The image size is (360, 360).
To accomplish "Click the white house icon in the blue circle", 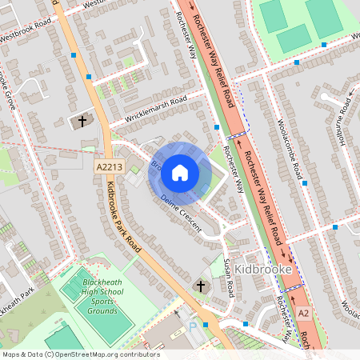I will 180,172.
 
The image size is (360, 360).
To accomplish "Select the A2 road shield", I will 302,313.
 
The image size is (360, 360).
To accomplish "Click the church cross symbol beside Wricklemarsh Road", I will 82,122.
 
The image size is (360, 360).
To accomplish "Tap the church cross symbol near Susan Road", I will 200,286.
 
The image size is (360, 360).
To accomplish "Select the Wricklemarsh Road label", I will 155,110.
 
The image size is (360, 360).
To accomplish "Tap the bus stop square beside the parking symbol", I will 206,325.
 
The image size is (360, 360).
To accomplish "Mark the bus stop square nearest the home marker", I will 217,126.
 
